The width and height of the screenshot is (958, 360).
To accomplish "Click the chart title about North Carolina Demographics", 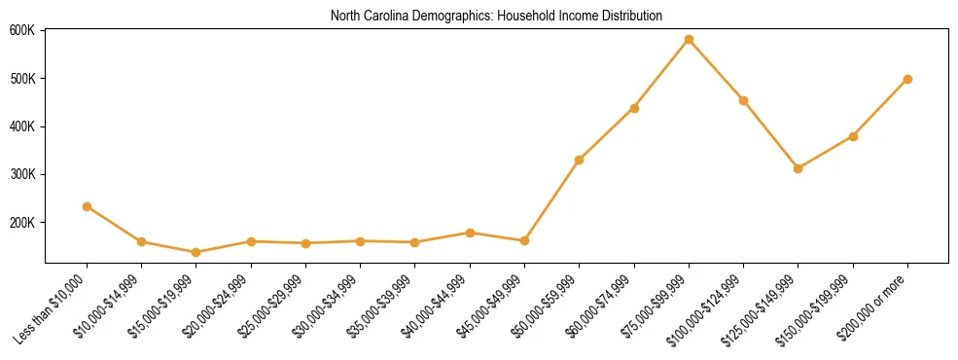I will [496, 16].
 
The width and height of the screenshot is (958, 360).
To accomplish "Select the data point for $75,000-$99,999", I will [689, 40].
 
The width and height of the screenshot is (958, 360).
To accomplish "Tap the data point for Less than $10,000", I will [87, 206].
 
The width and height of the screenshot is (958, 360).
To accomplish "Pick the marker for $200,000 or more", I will [907, 79].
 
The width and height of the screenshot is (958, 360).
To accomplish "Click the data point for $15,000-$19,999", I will [196, 252].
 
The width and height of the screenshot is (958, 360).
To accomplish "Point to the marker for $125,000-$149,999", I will [798, 168].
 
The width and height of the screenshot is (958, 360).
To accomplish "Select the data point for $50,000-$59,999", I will [580, 160].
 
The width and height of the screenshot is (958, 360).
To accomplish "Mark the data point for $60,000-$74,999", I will [634, 108].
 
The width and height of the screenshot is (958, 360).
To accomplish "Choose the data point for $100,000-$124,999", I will [743, 100].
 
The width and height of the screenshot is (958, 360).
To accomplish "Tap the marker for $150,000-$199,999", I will [853, 136].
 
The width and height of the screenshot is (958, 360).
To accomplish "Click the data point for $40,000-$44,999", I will [470, 233].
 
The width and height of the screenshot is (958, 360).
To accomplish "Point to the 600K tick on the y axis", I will [22, 30].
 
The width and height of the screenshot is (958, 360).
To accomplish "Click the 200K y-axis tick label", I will [22, 223].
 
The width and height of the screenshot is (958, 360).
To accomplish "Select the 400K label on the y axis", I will [22, 126].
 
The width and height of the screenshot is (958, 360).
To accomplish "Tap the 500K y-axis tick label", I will [22, 78].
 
